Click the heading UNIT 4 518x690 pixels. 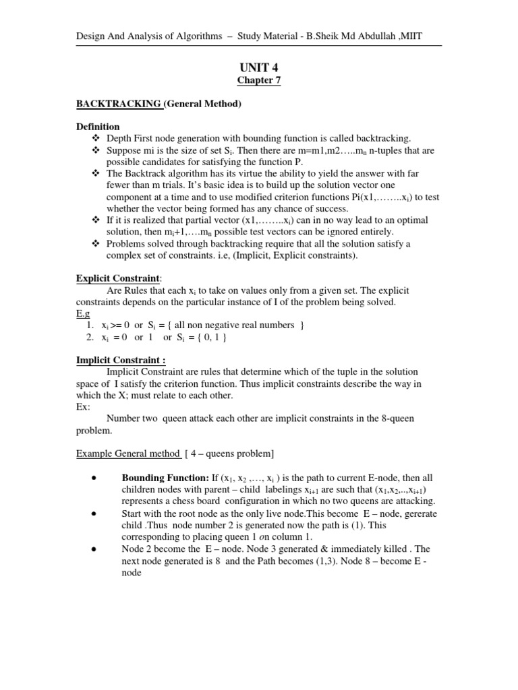pyautogui.click(x=258, y=67)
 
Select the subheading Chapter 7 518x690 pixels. pyautogui.click(x=258, y=81)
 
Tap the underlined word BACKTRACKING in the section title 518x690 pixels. pyautogui.click(x=118, y=104)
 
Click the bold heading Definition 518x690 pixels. pyautogui.click(x=97, y=127)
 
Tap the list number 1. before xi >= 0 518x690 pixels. pyautogui.click(x=90, y=325)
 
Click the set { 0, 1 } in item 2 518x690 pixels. pyautogui.click(x=209, y=337)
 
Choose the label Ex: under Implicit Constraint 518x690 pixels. pyautogui.click(x=82, y=407)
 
